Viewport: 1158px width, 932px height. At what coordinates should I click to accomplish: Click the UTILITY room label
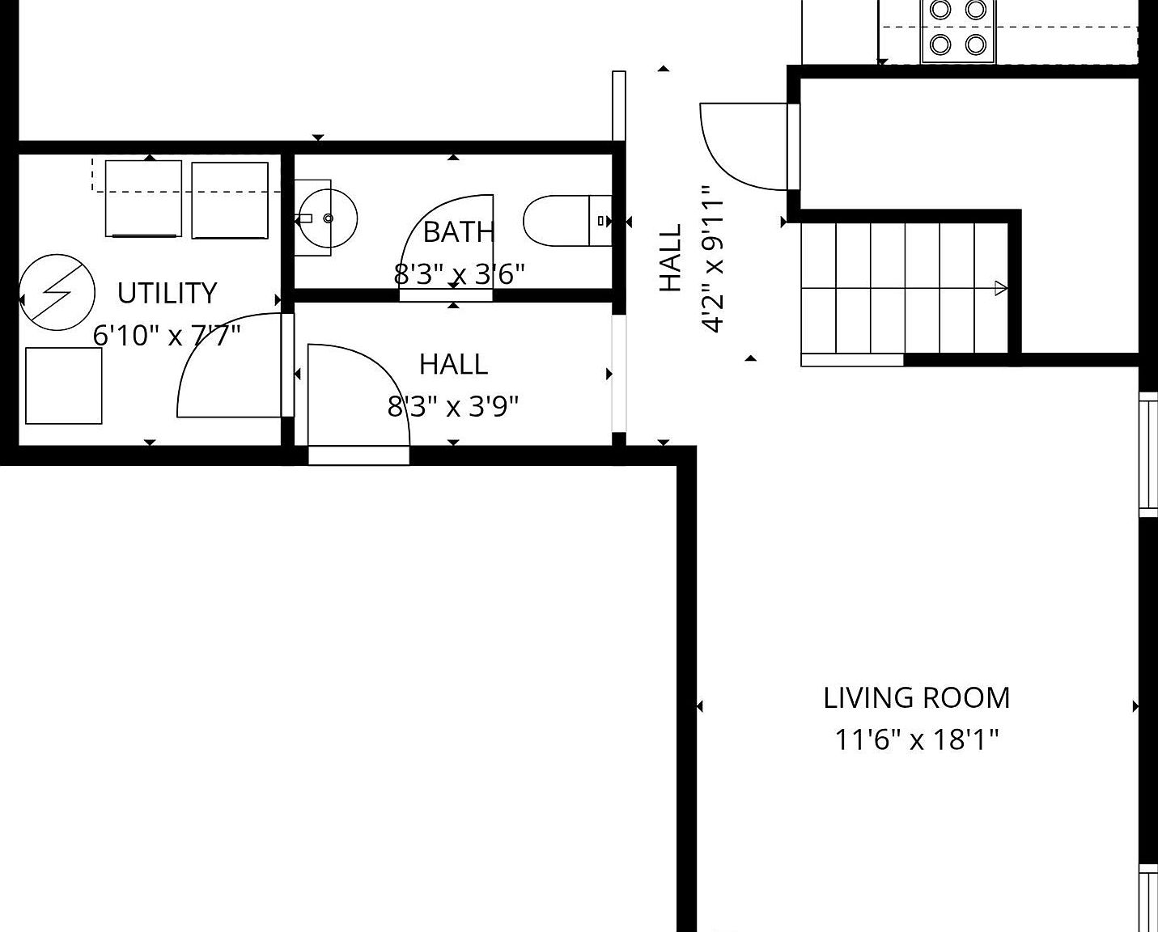[167, 293]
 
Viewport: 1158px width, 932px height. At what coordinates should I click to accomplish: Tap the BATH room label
[458, 232]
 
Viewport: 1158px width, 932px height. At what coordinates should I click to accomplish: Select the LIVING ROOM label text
[916, 697]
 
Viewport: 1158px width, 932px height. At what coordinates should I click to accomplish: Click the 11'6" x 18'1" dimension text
[916, 739]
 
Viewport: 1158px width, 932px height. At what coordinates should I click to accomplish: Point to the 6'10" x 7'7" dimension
[167, 334]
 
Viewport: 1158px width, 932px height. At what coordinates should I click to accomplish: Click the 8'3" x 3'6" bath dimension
[459, 274]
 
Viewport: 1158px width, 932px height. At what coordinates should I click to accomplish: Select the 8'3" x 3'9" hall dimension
[453, 405]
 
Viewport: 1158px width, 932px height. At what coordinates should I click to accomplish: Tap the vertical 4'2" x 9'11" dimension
[712, 259]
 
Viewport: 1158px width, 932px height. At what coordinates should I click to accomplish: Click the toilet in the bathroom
[566, 220]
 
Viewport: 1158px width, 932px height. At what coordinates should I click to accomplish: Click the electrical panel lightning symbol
[57, 293]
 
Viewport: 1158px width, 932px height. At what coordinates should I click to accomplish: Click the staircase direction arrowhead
[1001, 287]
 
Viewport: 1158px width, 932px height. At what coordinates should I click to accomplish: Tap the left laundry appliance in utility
[143, 199]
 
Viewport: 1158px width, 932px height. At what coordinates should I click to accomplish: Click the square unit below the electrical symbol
[64, 386]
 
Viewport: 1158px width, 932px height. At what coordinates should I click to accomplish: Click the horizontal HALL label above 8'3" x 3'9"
[453, 364]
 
